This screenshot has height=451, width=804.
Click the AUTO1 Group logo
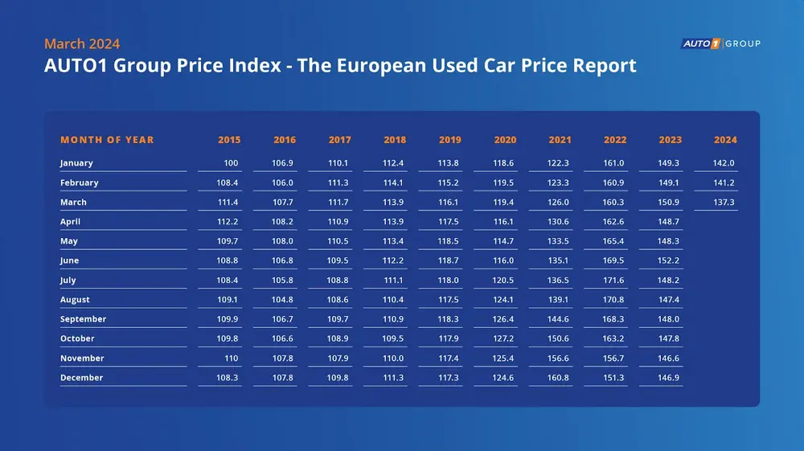[720, 43]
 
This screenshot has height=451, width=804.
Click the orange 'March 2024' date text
[82, 43]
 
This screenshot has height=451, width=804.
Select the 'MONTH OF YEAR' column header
[107, 140]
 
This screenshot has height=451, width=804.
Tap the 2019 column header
[450, 140]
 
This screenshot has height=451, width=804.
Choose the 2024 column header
[725, 140]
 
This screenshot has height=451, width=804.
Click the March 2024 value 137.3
[724, 203]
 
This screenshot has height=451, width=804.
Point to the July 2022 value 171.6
[615, 281]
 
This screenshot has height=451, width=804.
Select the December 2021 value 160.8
[560, 378]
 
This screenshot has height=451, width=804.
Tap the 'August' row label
[76, 300]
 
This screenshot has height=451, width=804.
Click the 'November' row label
[82, 359]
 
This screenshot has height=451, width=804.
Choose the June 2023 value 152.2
[670, 261]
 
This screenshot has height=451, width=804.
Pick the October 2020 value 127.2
[506, 339]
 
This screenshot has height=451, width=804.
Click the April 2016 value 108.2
[285, 222]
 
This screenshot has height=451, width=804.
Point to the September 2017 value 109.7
[339, 319]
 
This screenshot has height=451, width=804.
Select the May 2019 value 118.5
[450, 241]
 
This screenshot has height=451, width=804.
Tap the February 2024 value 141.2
[724, 182]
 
